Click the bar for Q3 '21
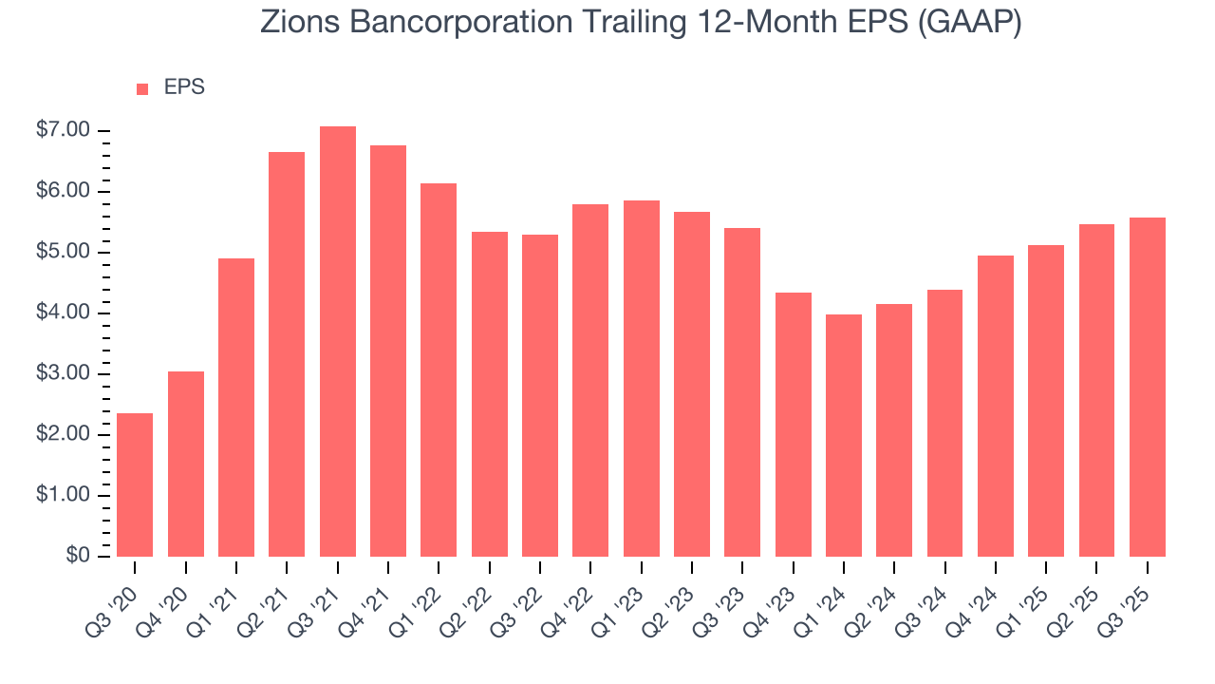(338, 342)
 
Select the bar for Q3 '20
(135, 484)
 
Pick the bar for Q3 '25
(1148, 387)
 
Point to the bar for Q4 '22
(590, 380)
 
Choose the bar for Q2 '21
(287, 354)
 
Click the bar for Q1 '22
(439, 370)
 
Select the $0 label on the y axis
(79, 556)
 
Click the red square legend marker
(142, 88)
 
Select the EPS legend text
(184, 87)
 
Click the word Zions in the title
(298, 23)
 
